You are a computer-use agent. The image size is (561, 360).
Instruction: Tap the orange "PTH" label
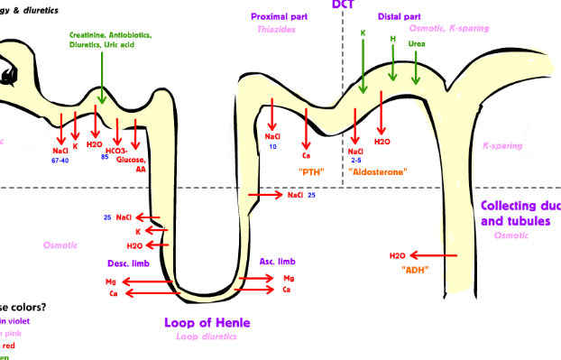(x=310, y=171)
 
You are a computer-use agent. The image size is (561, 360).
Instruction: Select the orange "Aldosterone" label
(x=378, y=171)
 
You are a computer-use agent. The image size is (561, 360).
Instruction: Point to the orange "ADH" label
(x=414, y=270)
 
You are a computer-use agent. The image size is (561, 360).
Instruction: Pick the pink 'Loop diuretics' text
(x=207, y=337)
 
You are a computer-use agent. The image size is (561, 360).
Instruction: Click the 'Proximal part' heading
(x=281, y=16)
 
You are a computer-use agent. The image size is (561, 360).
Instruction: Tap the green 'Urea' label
(x=416, y=43)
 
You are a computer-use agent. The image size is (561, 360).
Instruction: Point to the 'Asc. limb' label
(x=278, y=262)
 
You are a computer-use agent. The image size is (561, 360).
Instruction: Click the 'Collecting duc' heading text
(x=520, y=206)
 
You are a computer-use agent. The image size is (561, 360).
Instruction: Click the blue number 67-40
(x=60, y=160)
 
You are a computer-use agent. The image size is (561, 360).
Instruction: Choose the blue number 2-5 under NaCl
(x=356, y=160)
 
